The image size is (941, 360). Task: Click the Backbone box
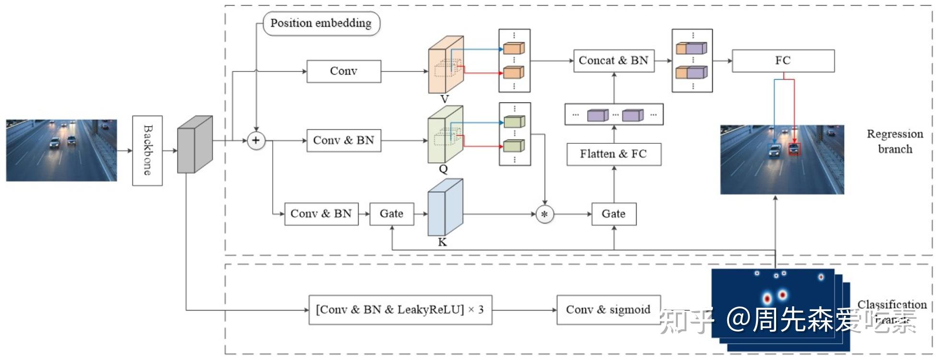click(147, 151)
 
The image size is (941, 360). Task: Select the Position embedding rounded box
click(321, 23)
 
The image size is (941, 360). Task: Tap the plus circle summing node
click(256, 140)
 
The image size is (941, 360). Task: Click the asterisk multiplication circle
click(544, 214)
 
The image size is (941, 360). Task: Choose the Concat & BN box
click(614, 61)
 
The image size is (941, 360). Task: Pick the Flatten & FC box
click(614, 154)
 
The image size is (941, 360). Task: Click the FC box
click(783, 61)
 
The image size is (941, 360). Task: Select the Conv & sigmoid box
click(608, 310)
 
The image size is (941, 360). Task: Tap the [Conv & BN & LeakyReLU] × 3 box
click(400, 310)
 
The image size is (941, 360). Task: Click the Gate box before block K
click(392, 214)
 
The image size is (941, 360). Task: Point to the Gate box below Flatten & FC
click(614, 214)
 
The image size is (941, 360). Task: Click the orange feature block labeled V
click(445, 65)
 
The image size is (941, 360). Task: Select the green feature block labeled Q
click(445, 134)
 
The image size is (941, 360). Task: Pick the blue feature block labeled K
click(445, 208)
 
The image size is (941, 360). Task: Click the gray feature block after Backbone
click(194, 144)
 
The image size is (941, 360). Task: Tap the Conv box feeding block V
click(344, 71)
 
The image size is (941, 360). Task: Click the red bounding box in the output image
click(794, 149)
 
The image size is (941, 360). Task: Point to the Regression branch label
click(895, 141)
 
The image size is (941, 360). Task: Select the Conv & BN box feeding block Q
click(344, 140)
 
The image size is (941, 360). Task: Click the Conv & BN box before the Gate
click(321, 214)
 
